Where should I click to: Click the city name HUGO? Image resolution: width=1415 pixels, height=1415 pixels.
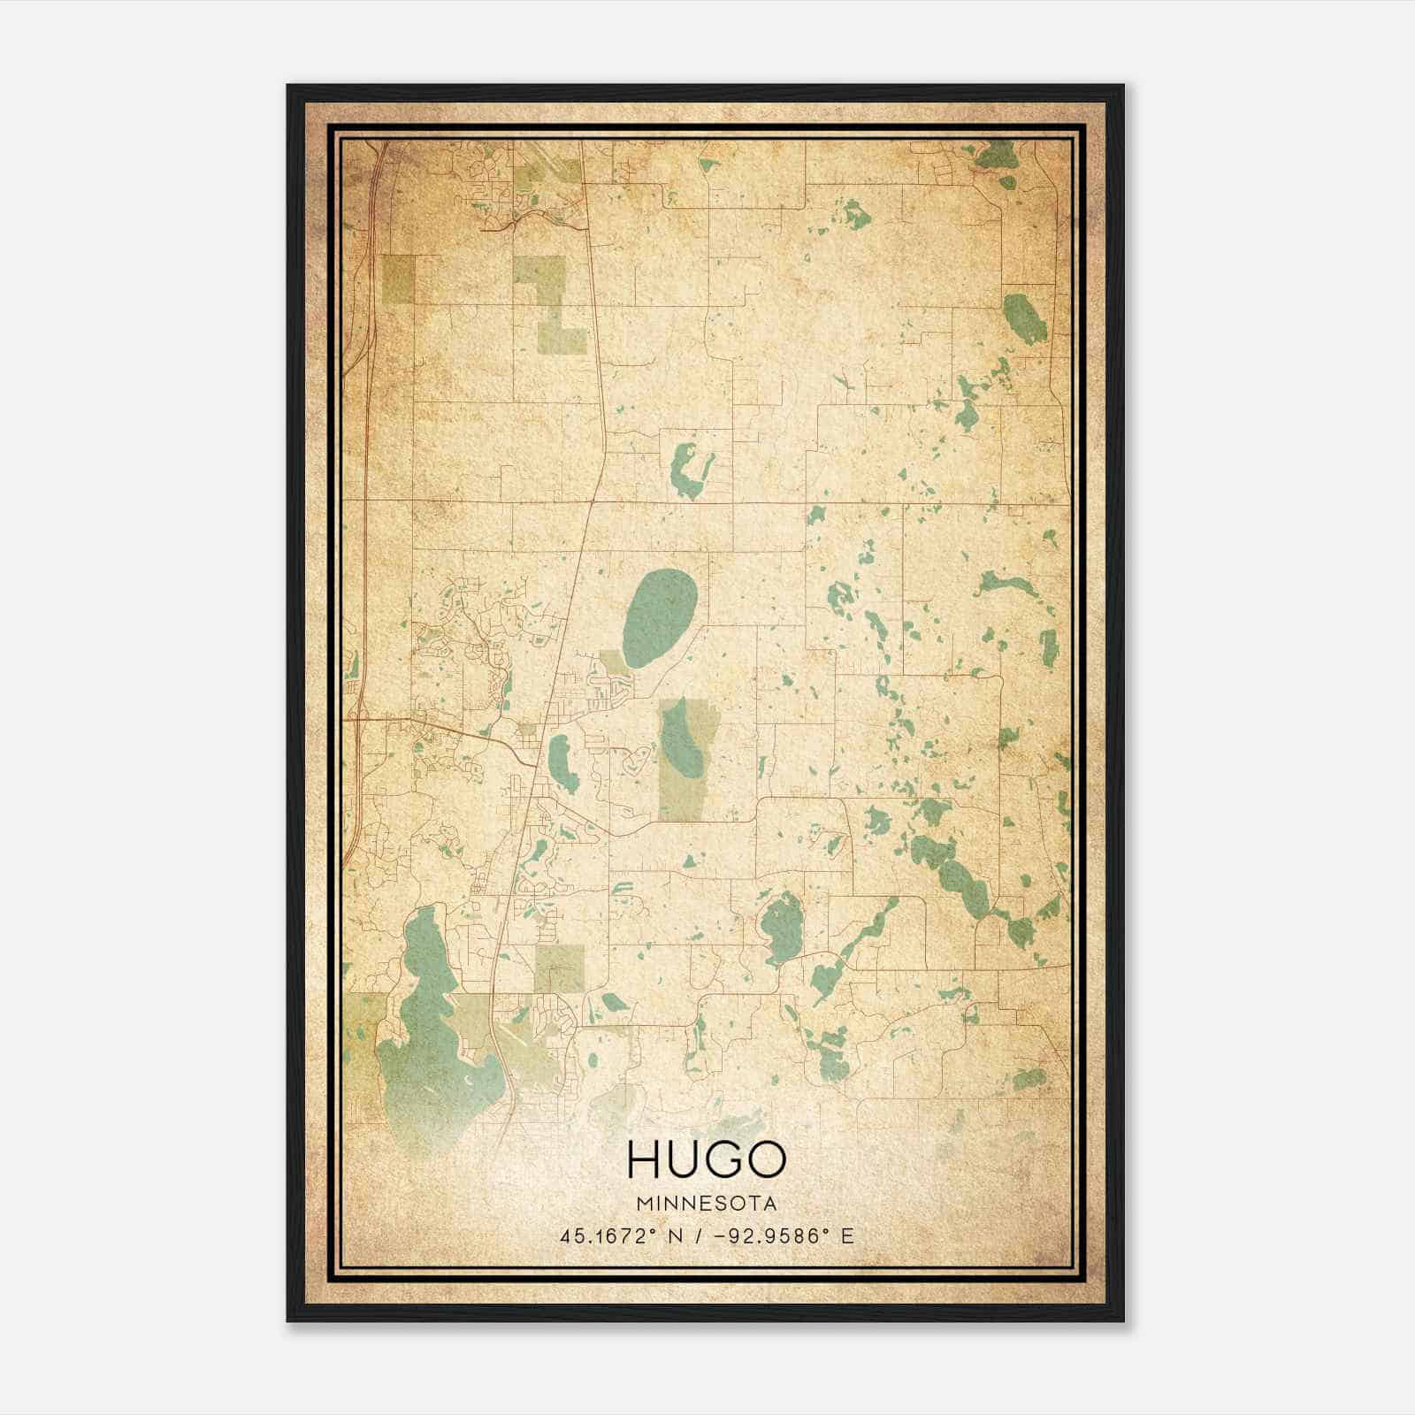point(706,1159)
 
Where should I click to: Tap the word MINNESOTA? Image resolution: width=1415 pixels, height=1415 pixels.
point(706,1204)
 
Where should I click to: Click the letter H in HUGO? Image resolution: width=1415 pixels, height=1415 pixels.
point(643,1159)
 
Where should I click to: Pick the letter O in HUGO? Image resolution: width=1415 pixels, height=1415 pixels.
point(766,1159)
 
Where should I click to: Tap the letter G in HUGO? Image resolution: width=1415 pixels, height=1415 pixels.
point(724,1159)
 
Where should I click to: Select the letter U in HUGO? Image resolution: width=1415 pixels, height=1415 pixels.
point(684,1159)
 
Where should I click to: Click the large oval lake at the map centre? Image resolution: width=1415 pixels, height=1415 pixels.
point(660,617)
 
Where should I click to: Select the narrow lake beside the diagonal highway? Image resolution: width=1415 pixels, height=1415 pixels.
point(561,762)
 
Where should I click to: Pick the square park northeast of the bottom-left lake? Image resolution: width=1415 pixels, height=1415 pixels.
point(559,968)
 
